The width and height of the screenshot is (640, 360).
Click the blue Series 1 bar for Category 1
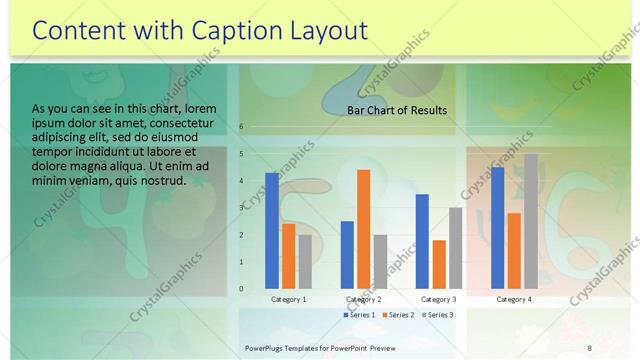[x=272, y=231]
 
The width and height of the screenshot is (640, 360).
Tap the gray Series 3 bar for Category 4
[x=530, y=221]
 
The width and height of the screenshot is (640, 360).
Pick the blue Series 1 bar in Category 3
[x=422, y=241]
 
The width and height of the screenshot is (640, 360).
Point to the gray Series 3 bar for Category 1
[x=305, y=261]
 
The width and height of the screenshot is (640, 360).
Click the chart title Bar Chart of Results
[x=397, y=110]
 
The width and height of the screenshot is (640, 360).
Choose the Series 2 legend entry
[x=397, y=315]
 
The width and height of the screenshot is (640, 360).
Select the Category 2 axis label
[x=363, y=299]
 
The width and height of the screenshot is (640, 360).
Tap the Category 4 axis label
[x=514, y=299]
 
